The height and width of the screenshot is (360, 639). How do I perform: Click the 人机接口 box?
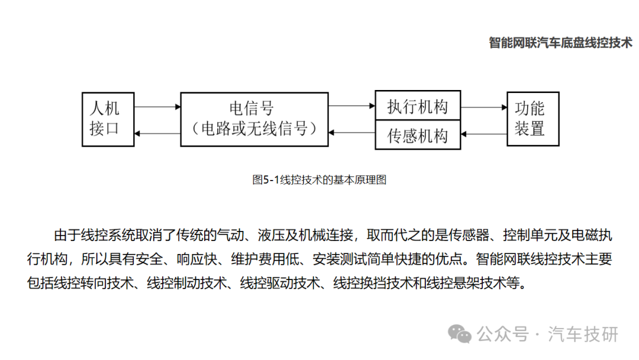point(108,119)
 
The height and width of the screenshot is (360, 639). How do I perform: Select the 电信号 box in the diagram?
point(254,119)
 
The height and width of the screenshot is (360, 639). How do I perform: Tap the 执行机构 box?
point(418,105)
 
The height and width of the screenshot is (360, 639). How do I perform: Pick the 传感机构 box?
point(418,135)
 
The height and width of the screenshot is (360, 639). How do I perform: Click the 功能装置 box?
point(533,119)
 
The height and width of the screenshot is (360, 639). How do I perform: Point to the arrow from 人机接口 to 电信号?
point(157,107)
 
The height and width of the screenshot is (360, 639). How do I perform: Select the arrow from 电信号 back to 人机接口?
point(157,133)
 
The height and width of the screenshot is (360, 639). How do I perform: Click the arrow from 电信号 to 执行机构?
point(351,106)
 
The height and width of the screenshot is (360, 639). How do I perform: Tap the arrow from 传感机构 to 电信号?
point(351,133)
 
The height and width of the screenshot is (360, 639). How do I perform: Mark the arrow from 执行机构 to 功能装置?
point(484,107)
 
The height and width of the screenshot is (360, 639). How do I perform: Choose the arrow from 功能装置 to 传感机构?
point(484,134)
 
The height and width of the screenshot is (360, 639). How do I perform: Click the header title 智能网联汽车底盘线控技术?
point(560,43)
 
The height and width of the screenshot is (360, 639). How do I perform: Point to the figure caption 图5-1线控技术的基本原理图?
point(319,180)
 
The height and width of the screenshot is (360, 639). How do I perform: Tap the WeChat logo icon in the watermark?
point(460,334)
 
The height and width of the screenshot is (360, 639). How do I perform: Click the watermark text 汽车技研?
point(583,335)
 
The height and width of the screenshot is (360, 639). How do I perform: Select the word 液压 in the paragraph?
point(271,235)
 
